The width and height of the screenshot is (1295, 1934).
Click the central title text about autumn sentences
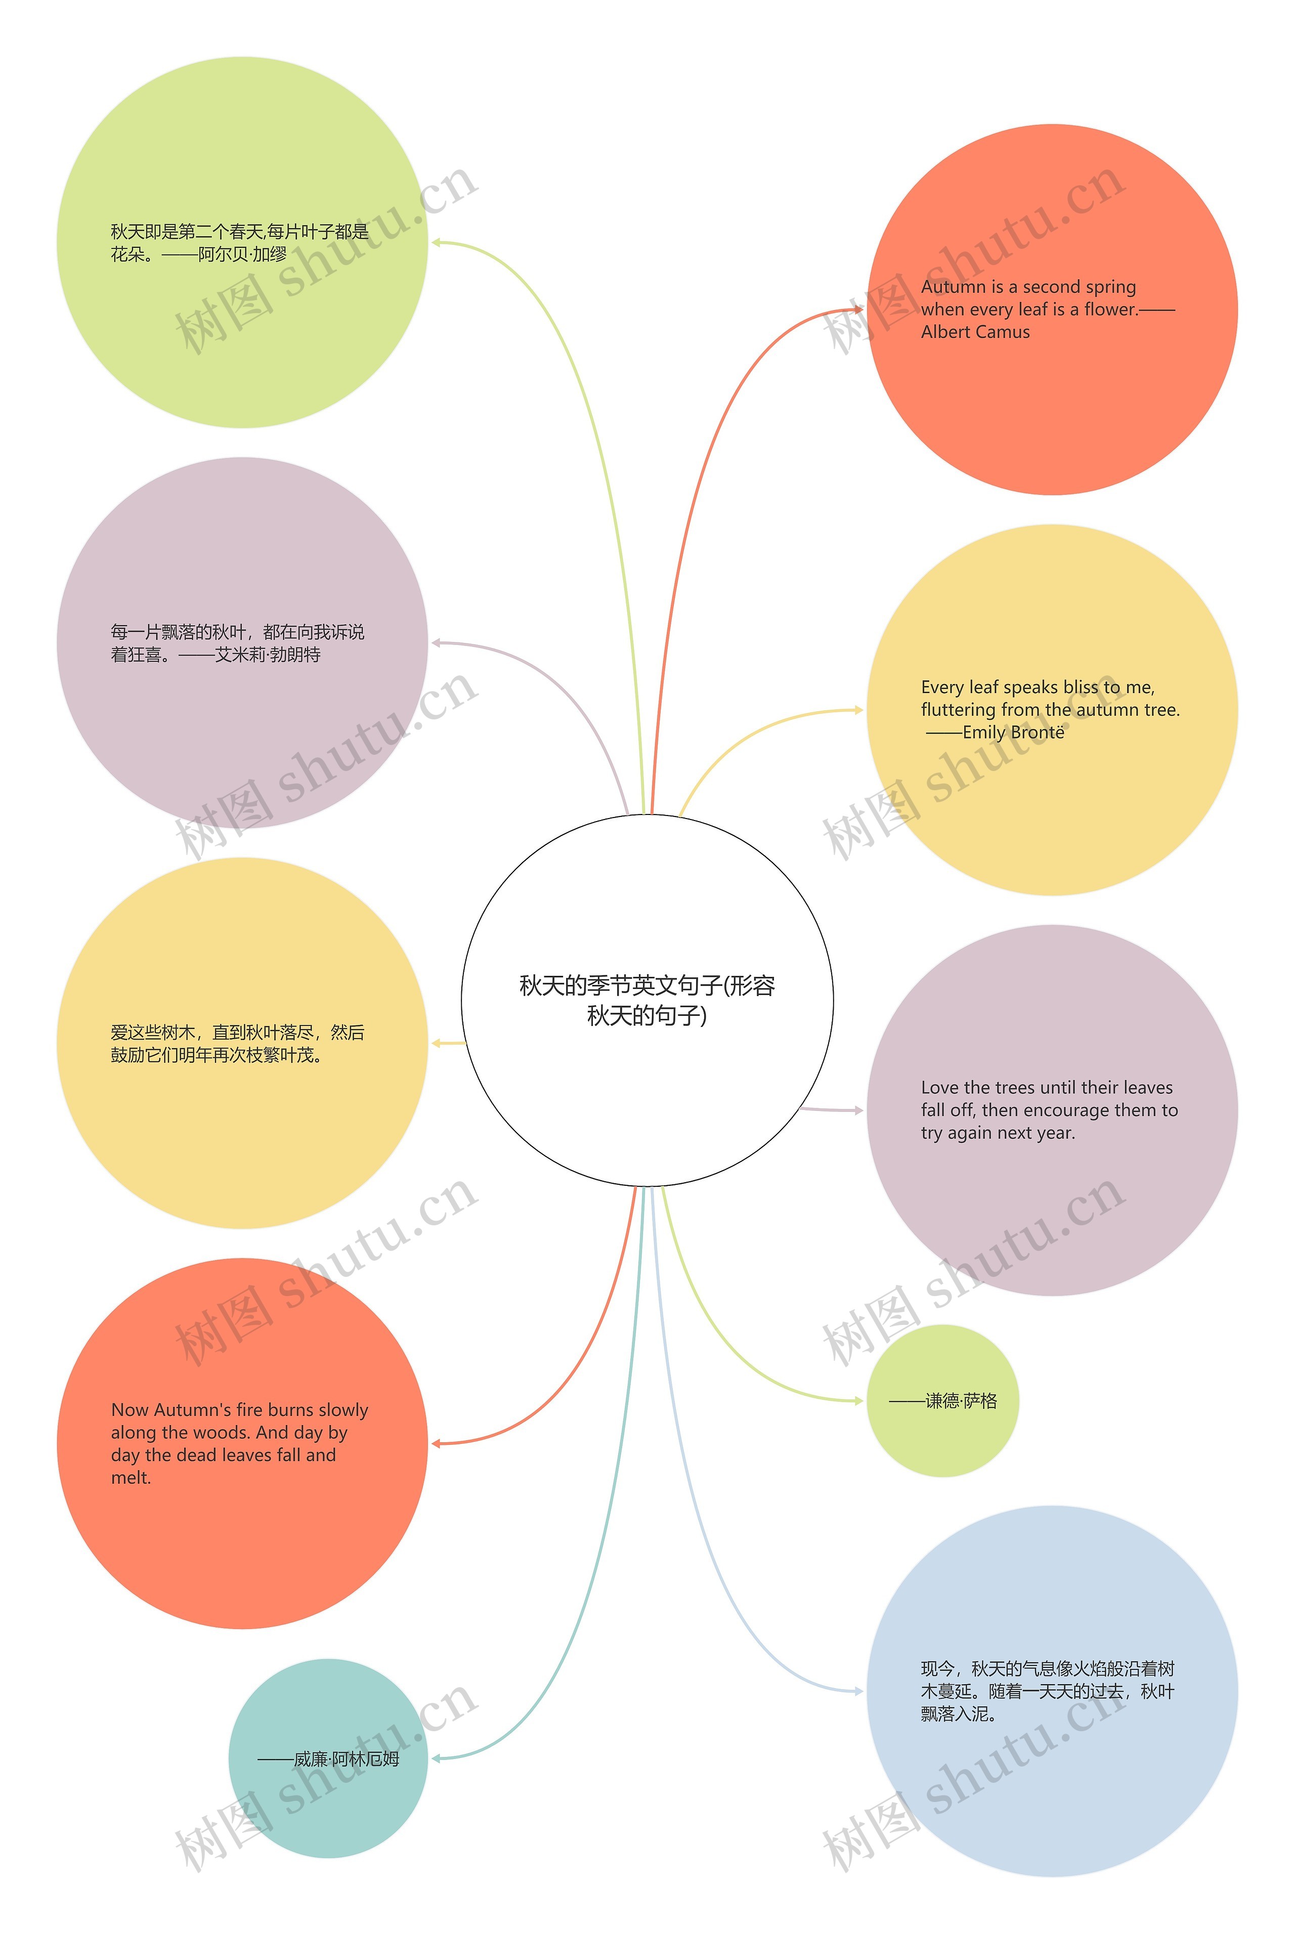click(x=646, y=1000)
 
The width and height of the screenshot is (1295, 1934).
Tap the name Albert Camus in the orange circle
click(x=975, y=332)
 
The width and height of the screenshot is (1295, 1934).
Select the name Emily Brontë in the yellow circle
click(x=1013, y=733)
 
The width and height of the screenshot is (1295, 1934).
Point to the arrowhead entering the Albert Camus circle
click(x=859, y=310)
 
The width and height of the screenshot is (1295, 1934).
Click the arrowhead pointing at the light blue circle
click(x=859, y=1691)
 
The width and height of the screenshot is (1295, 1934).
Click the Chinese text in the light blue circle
click(x=1047, y=1691)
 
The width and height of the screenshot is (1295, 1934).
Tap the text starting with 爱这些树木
click(x=238, y=1044)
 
